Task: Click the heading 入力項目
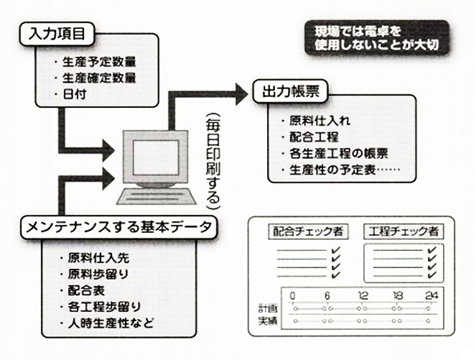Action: coord(57,34)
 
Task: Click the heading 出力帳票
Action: coord(291,91)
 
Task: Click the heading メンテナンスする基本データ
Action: coord(118,227)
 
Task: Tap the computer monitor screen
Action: coord(156,157)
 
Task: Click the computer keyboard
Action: coord(157,197)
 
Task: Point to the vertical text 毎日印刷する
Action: coord(213,161)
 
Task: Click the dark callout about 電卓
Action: coord(376,38)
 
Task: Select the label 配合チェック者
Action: coord(308,231)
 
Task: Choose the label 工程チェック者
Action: coord(404,231)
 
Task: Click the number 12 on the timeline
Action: coord(363,295)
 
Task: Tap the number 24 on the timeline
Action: coord(432,295)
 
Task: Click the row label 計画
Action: coord(268,308)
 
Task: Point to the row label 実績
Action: coord(268,320)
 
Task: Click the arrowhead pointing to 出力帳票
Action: coord(242,94)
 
